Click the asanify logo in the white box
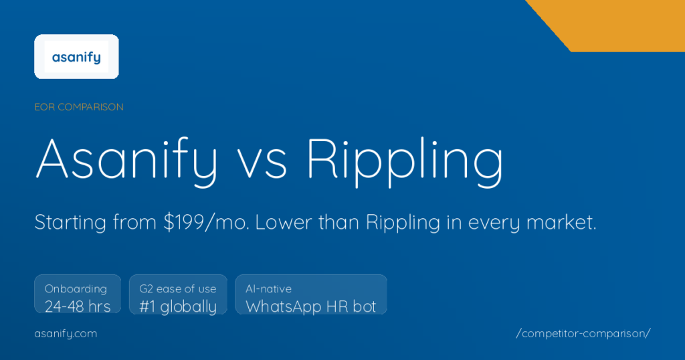point(76,57)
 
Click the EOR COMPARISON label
point(79,107)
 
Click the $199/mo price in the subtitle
point(206,223)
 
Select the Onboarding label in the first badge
point(76,289)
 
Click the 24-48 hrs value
point(78,306)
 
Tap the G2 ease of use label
point(178,289)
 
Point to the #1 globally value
point(178,306)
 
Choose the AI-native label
point(269,289)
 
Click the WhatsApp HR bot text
point(311,306)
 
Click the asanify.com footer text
point(66,333)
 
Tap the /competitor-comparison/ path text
point(583,333)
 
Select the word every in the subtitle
point(484,223)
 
